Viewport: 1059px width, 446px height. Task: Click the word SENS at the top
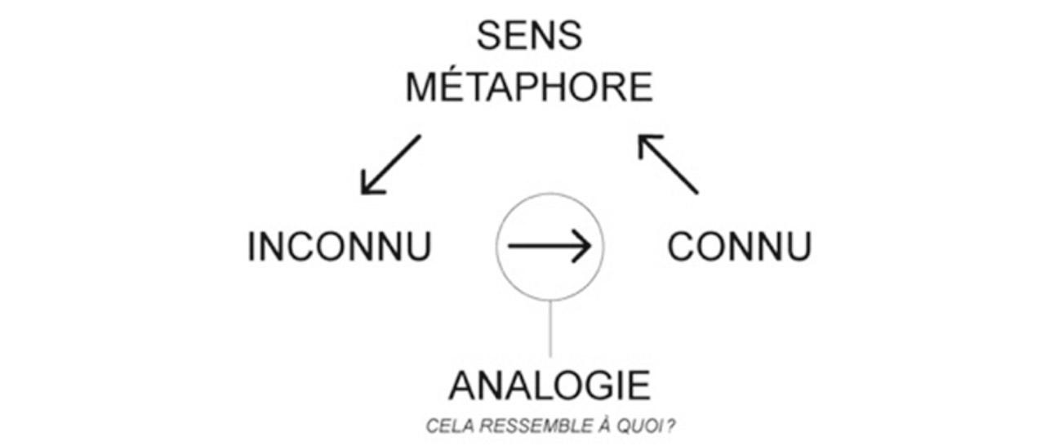point(529,36)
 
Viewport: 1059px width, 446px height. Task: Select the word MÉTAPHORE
point(529,87)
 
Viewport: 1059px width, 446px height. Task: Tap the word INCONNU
point(340,247)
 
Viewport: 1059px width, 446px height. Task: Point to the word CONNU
point(739,247)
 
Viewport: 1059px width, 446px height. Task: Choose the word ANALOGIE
point(550,386)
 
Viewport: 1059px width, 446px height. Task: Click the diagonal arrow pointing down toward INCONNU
point(391,164)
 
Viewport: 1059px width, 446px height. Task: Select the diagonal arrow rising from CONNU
point(668,164)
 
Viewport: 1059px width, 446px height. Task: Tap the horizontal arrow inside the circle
point(549,245)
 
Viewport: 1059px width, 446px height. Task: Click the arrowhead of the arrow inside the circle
point(581,245)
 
